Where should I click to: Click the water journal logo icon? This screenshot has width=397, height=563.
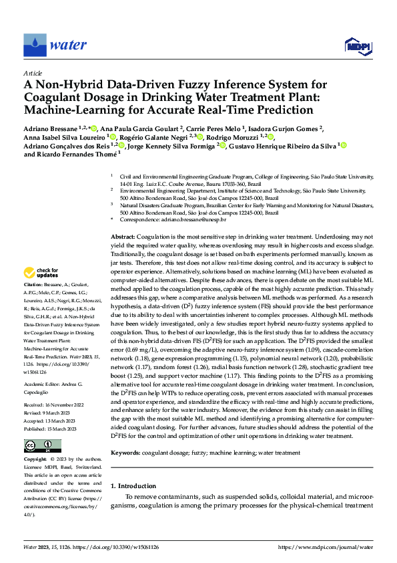point(35,45)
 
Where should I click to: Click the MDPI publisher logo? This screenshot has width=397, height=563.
point(358,45)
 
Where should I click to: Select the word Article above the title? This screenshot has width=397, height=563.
point(33,74)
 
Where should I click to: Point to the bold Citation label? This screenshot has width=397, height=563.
point(33,303)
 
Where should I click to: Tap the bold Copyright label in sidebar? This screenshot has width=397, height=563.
point(36,441)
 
